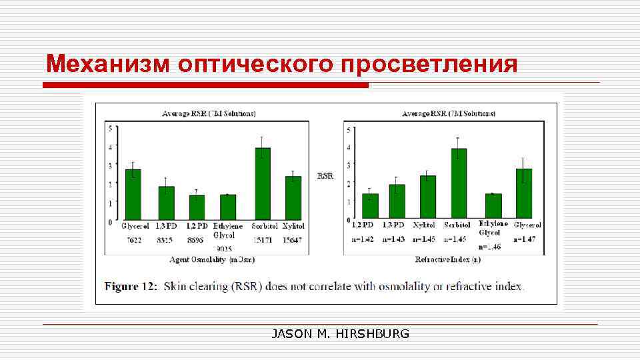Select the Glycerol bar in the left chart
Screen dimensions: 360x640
pos(133,194)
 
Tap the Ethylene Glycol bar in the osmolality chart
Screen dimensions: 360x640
pos(229,207)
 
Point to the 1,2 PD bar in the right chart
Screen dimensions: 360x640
pos(370,206)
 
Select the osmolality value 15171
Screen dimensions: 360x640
pos(263,239)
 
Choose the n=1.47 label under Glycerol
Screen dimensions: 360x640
pos(526,239)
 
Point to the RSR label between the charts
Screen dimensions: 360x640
pos(325,176)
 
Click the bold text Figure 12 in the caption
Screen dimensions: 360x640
pos(131,287)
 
